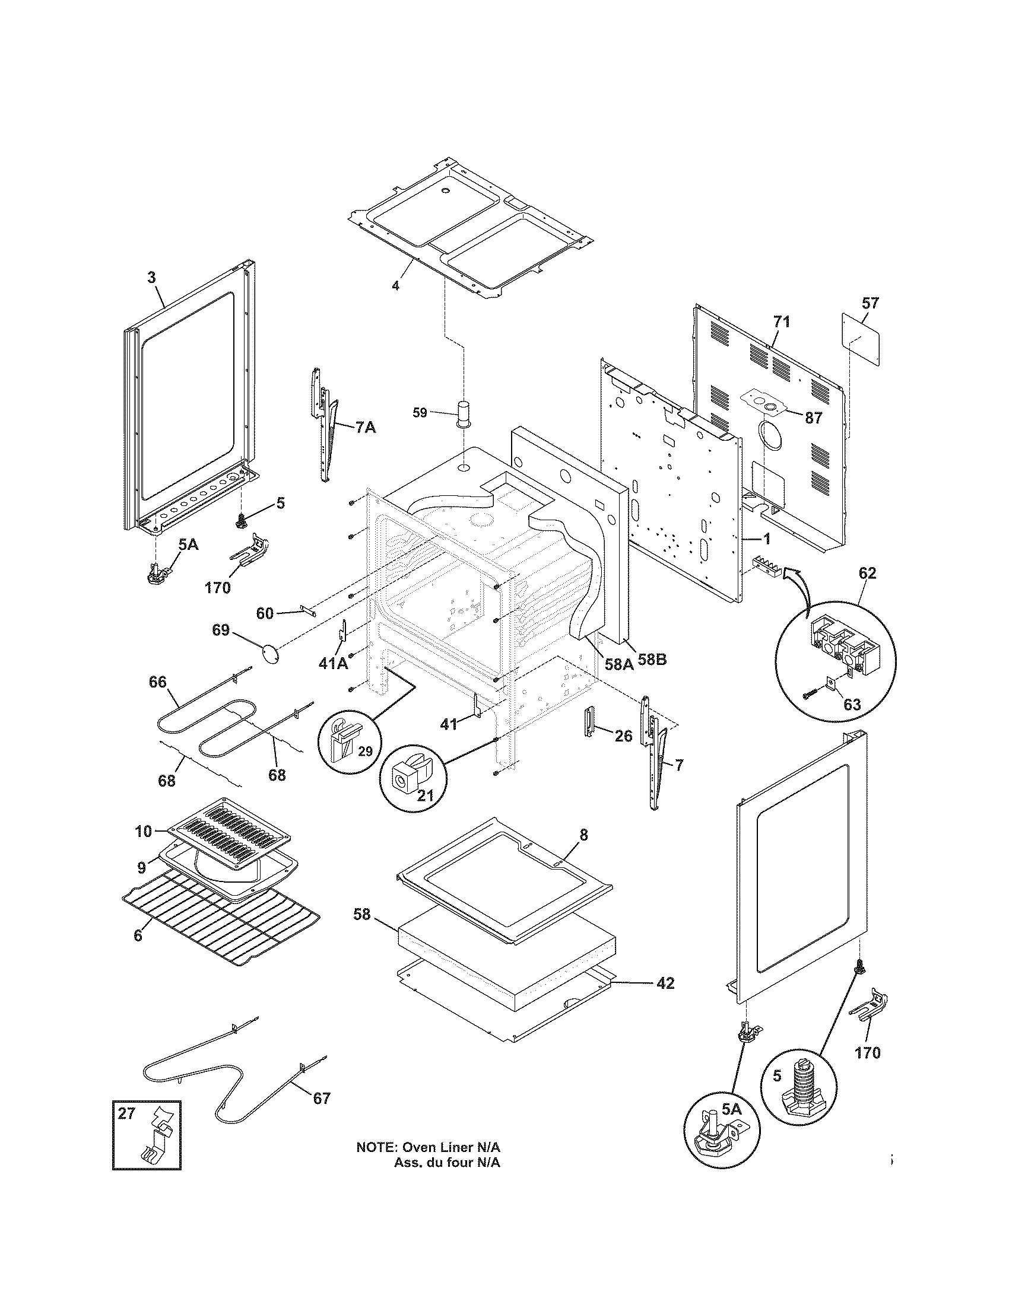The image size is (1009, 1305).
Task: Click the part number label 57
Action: point(870,304)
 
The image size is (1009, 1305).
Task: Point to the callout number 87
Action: point(813,418)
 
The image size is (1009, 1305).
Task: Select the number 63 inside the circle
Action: point(852,705)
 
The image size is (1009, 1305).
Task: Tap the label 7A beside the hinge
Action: point(365,427)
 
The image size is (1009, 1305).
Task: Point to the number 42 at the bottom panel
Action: point(665,983)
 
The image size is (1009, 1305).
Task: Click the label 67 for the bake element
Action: point(321,1098)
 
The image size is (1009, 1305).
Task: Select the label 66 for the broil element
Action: point(158,682)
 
